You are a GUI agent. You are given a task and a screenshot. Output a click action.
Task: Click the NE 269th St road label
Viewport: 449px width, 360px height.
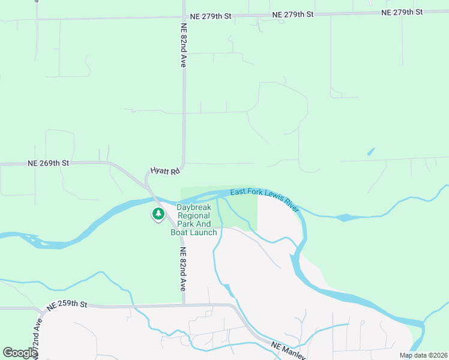point(49,163)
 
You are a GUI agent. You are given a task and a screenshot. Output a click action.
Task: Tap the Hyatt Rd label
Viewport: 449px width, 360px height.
point(166,172)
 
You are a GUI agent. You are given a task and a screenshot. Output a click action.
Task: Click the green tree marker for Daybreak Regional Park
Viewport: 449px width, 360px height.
point(158,213)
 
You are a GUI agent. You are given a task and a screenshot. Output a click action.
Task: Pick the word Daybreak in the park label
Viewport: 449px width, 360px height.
point(193,208)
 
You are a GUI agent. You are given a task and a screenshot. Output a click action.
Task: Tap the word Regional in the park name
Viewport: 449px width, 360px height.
point(193,216)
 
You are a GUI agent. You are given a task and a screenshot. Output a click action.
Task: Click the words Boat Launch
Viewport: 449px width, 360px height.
point(193,232)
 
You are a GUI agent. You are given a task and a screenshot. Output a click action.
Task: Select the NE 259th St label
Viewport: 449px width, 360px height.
point(66,305)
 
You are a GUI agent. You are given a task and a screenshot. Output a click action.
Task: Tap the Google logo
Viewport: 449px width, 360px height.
point(20,353)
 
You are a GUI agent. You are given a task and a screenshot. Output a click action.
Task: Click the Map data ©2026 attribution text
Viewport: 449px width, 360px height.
point(423,355)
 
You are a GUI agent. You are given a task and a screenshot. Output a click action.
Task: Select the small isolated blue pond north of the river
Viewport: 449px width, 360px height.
point(371,152)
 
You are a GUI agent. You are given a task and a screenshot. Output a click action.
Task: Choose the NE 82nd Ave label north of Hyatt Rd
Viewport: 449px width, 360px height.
point(184,44)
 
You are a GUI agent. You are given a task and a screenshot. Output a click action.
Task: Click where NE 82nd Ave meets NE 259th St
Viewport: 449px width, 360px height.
point(184,305)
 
